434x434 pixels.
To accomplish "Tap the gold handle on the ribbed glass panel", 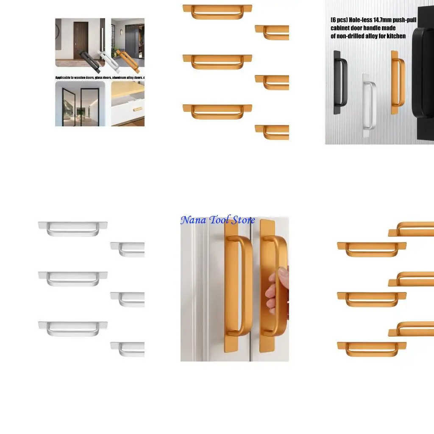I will pyautogui.click(x=397, y=83).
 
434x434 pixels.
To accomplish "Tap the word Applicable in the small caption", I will pyautogui.click(x=65, y=78).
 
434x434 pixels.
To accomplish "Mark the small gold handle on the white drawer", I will pyautogui.click(x=137, y=109).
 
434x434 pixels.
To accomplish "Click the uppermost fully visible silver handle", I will pyautogui.click(x=73, y=228).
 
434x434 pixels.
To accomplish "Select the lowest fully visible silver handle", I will pyautogui.click(x=73, y=328).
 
